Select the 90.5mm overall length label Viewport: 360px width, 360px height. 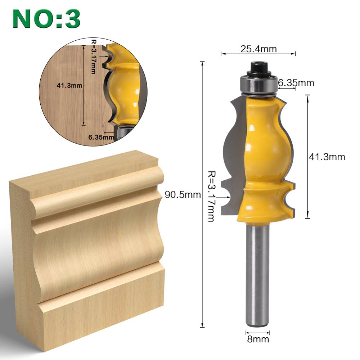182,195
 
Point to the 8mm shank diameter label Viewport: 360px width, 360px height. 257,339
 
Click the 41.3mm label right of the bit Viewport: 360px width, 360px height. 327,157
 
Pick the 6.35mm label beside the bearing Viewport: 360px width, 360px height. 296,83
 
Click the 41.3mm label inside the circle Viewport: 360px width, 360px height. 69,86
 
